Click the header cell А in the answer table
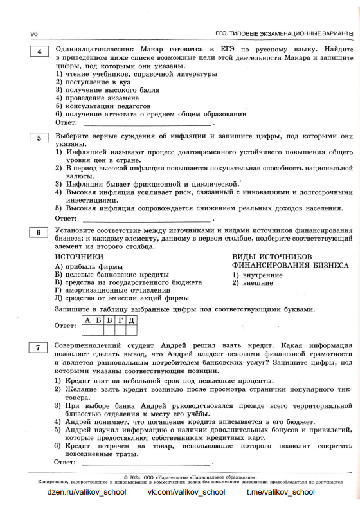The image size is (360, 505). tap(84, 320)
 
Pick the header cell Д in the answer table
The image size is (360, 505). tap(130, 320)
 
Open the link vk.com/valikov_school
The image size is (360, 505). tap(186, 492)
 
